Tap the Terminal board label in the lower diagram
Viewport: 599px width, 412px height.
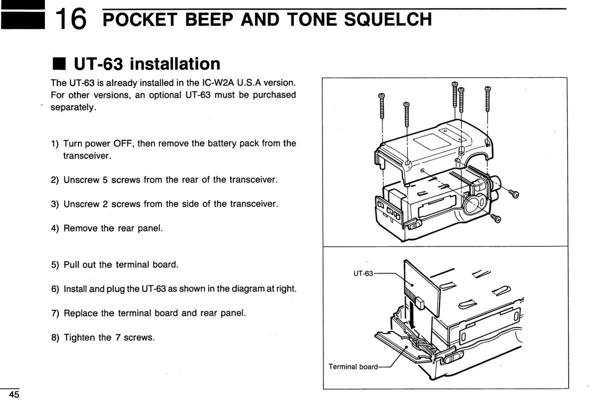click(353, 366)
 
